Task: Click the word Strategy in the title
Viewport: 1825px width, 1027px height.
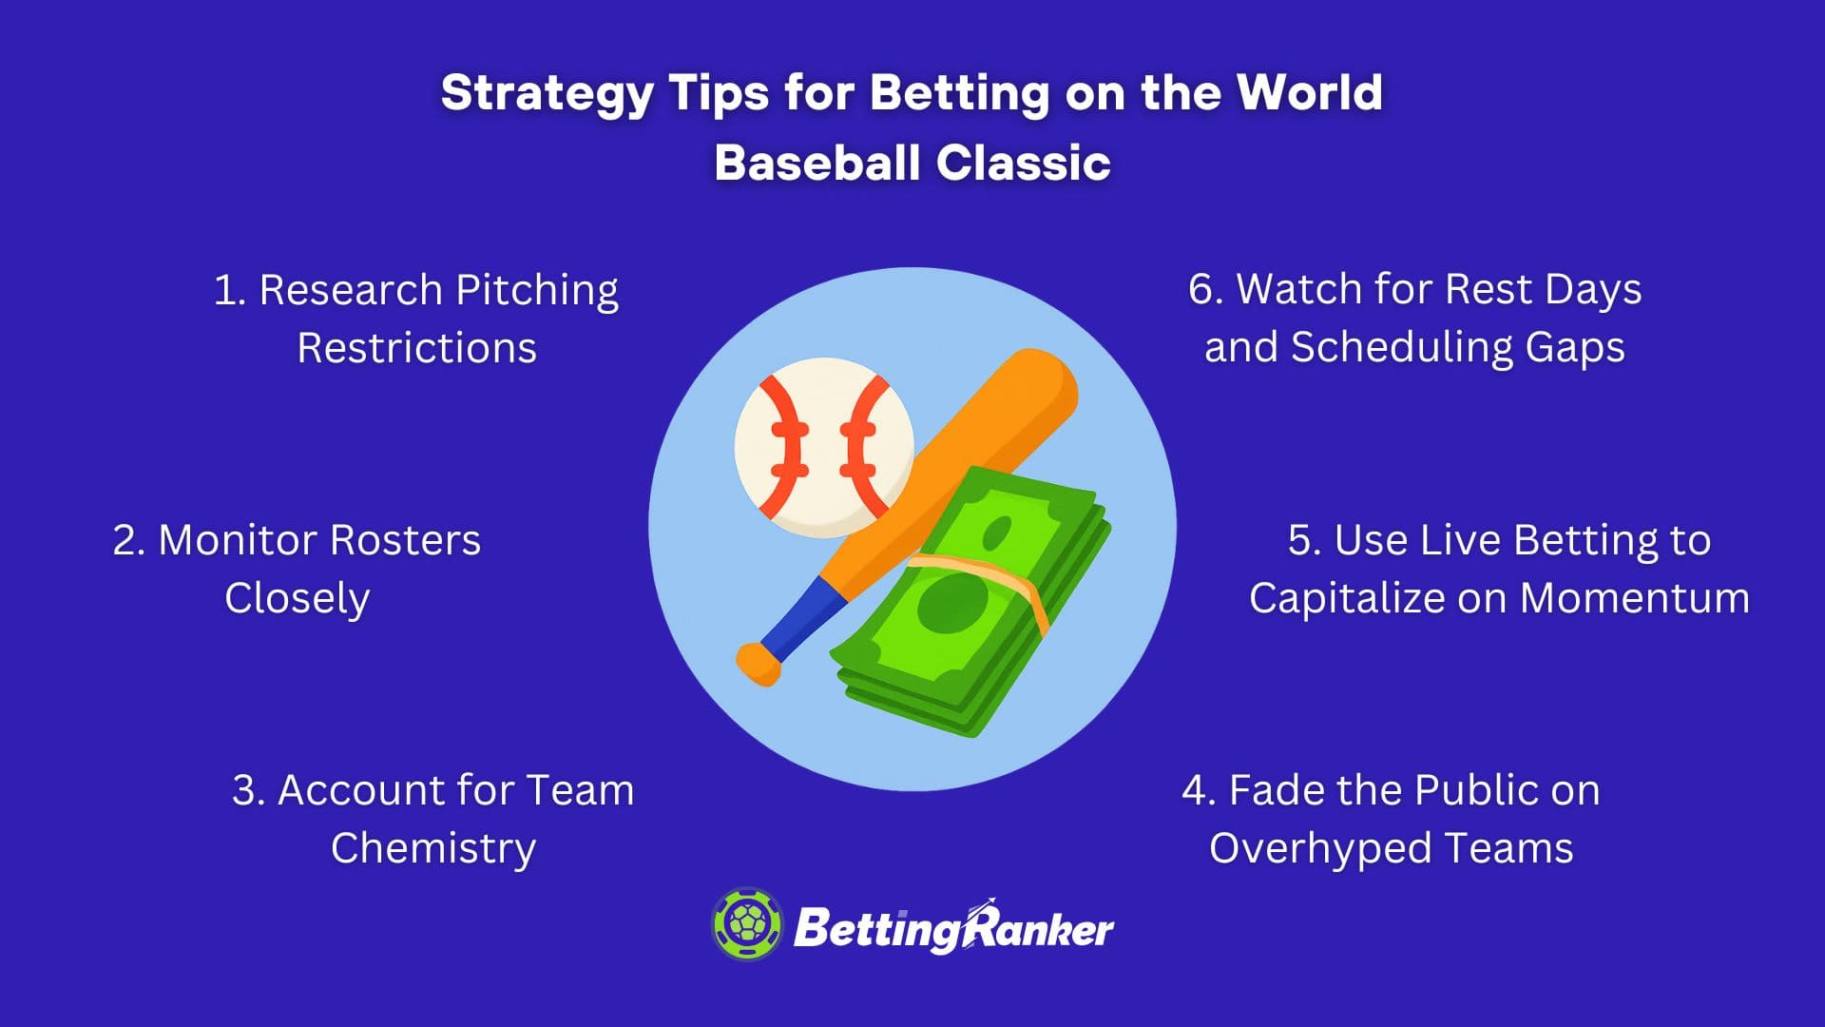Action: [547, 94]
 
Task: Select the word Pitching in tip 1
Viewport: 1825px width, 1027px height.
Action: [537, 291]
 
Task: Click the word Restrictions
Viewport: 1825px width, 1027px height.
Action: [416, 348]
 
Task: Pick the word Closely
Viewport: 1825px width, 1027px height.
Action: [297, 599]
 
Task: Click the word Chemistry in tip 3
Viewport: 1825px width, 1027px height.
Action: [433, 848]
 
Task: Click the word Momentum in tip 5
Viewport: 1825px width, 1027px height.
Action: [1635, 599]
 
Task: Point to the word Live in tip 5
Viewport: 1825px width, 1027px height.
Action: [1459, 540]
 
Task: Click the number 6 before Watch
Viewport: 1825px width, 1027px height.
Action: [1201, 289]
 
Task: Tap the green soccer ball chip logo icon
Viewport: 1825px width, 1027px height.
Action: [747, 924]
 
